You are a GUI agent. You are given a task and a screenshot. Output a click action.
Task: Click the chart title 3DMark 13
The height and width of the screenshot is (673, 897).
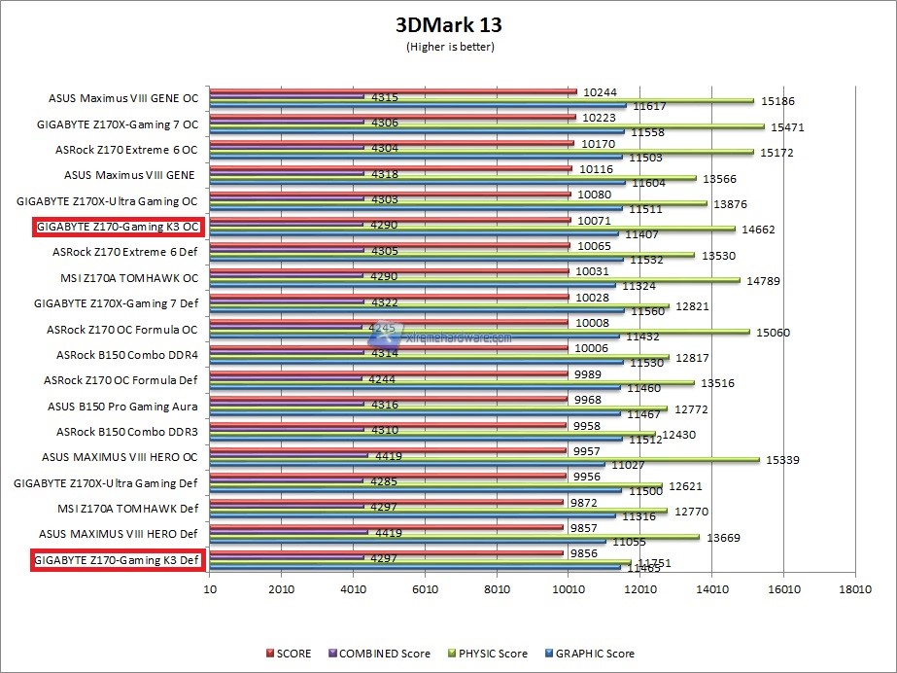tap(448, 24)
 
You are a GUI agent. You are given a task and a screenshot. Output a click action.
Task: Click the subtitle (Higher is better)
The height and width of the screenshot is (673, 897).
tap(448, 47)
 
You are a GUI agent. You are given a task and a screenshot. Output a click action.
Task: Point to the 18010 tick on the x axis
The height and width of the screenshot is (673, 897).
tap(854, 589)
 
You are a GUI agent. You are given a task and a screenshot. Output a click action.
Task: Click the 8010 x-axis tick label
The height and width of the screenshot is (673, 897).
tap(497, 589)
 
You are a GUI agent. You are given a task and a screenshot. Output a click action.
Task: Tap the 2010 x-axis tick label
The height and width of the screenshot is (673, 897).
tap(281, 589)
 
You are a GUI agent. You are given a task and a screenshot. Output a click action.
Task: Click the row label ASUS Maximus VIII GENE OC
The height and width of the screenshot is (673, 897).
tap(122, 98)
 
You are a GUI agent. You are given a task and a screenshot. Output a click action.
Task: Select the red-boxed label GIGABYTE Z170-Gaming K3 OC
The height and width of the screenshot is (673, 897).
tap(117, 227)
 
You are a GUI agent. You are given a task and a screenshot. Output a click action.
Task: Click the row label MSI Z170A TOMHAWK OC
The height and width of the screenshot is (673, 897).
tap(128, 277)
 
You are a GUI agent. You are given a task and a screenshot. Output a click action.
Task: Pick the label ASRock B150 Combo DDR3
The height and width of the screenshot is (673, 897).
tap(126, 431)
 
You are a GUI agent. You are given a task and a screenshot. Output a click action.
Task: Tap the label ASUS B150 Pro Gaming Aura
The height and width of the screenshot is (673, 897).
tap(122, 406)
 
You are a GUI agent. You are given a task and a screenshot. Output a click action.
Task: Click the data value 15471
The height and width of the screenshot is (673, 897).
tap(787, 127)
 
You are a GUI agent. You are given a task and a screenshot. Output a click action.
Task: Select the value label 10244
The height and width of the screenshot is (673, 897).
tap(601, 92)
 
